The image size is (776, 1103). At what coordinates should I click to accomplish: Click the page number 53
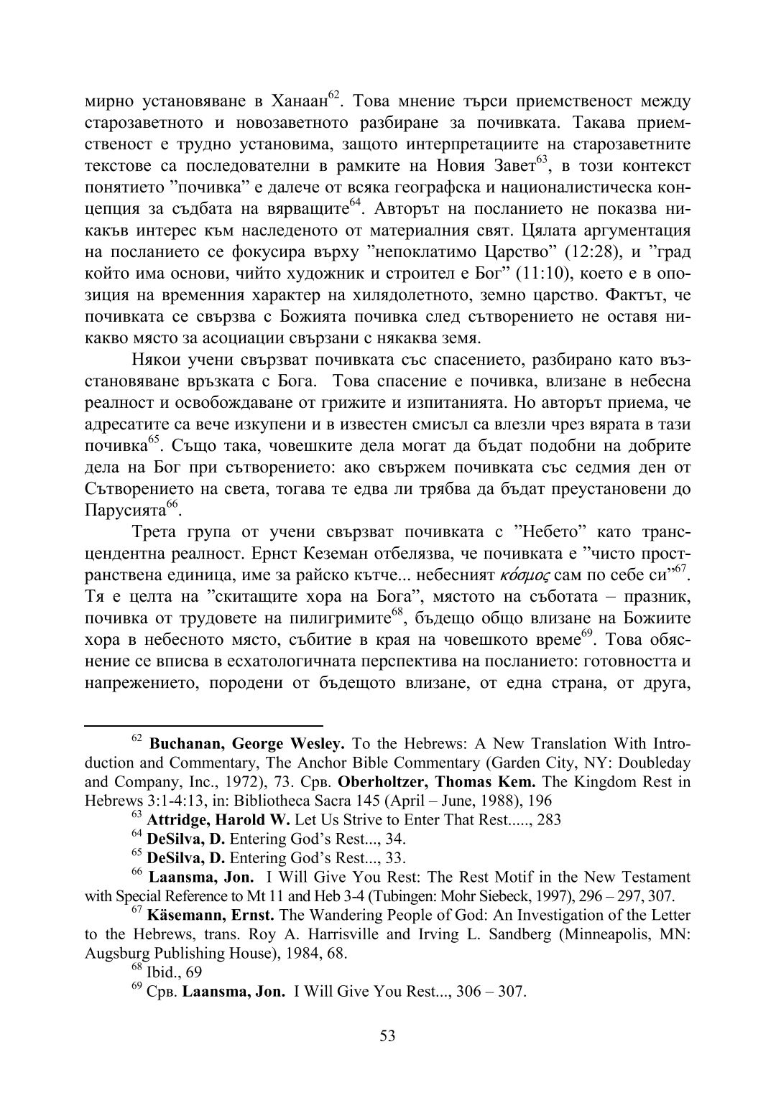coord(388,1035)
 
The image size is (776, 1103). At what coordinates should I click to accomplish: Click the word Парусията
coord(126,511)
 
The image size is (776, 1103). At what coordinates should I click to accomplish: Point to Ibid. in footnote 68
coord(163,973)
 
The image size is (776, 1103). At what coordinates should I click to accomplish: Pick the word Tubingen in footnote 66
coord(405,896)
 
